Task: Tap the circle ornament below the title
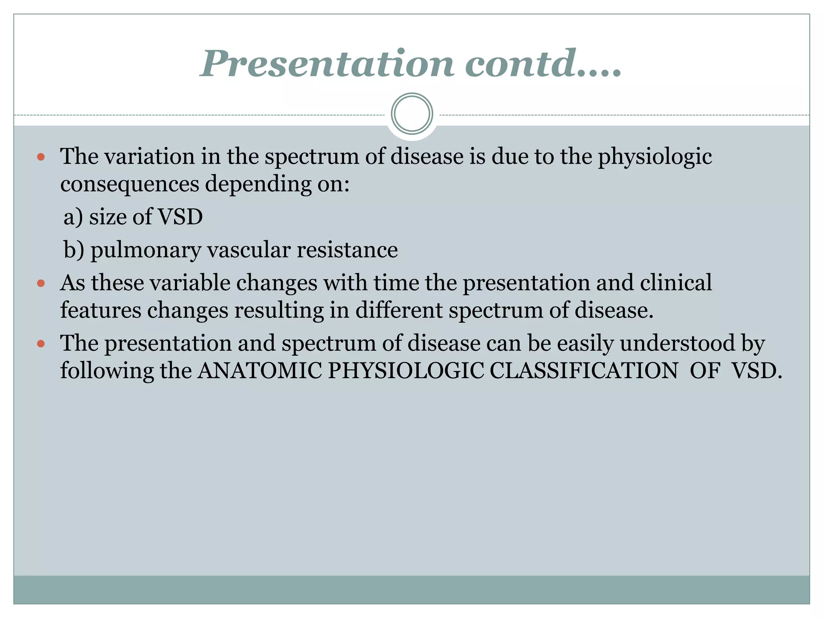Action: (x=412, y=114)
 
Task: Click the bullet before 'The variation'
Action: (x=41, y=157)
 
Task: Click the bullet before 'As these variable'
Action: (x=41, y=283)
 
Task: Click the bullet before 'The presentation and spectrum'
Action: (x=41, y=344)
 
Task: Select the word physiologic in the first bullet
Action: (x=655, y=157)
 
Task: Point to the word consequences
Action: (x=130, y=184)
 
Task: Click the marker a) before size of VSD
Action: (x=73, y=217)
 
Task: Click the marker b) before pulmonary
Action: (x=74, y=250)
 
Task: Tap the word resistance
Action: (x=347, y=250)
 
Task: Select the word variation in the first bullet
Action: (x=150, y=157)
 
